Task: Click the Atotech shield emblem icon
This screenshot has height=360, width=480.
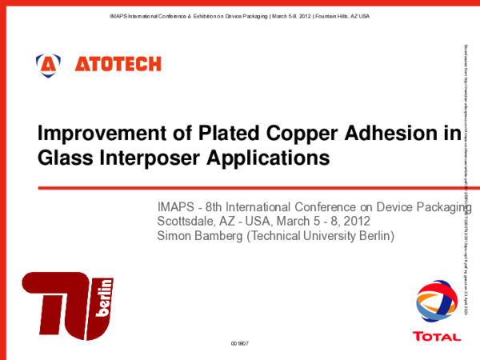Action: pyautogui.click(x=49, y=63)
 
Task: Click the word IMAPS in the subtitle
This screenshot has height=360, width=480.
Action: pyautogui.click(x=176, y=208)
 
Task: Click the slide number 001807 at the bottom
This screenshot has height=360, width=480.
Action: pyautogui.click(x=240, y=342)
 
